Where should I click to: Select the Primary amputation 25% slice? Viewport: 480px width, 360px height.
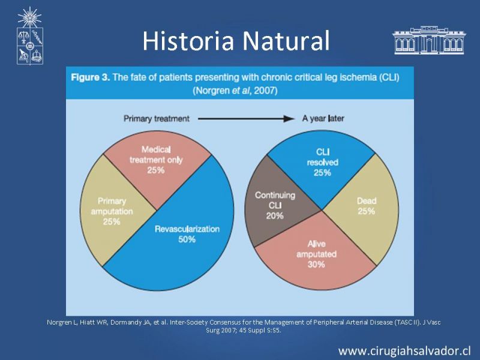113,211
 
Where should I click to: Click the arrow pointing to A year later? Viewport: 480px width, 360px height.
246,119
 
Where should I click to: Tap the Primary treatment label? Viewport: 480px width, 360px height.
157,119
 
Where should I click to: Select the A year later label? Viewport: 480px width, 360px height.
323,118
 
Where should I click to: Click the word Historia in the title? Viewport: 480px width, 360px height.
188,41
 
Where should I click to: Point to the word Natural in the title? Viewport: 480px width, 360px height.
286,41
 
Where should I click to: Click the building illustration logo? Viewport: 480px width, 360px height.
429,40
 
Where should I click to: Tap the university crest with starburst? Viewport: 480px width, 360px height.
29,36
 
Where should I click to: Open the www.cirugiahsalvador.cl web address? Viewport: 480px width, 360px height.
404,350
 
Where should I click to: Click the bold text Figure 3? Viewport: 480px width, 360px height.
91,77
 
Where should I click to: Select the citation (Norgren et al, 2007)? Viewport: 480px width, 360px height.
235,91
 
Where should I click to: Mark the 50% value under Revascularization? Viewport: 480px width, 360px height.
187,239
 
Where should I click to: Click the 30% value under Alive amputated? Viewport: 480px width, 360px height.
316,264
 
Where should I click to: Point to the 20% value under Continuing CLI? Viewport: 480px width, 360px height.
275,216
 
